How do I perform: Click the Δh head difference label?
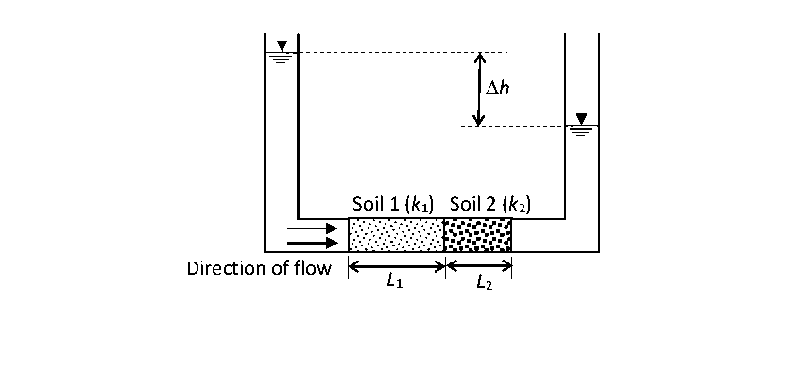tap(497, 89)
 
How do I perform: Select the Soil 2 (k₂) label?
tap(489, 203)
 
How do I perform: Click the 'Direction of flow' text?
tap(259, 268)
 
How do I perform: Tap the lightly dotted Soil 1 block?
tap(396, 235)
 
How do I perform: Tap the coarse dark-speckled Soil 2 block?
tap(478, 235)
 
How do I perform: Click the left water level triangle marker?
tap(282, 46)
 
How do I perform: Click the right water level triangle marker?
tap(581, 119)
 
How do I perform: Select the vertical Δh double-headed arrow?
tap(479, 89)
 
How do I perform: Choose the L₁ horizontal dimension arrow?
tap(396, 266)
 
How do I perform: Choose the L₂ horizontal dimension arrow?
tap(478, 266)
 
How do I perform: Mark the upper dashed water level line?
tap(397, 52)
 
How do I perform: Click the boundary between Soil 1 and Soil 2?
tap(444, 235)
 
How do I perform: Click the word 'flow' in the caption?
tap(311, 268)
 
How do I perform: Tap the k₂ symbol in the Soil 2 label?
tap(515, 204)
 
